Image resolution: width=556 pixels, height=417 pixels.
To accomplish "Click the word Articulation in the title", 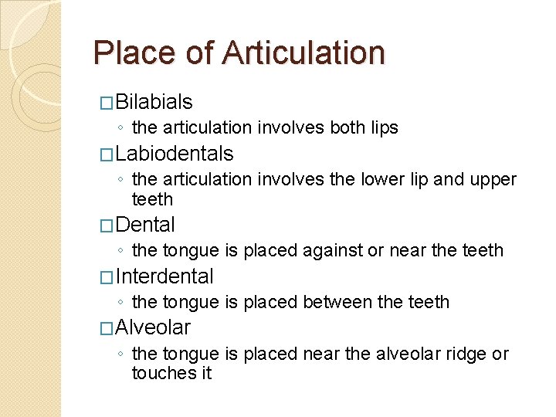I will tap(303, 53).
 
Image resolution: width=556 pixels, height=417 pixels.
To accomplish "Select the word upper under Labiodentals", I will tap(492, 179).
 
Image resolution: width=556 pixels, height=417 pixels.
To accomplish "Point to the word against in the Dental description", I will tap(331, 250).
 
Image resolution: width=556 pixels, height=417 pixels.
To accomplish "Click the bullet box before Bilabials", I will tap(107, 103).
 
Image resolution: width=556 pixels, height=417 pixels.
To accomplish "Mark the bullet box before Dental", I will tap(107, 225).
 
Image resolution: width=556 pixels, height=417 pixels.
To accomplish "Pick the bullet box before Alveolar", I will tap(107, 327).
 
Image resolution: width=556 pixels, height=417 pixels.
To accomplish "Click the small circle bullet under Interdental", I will tap(122, 303).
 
